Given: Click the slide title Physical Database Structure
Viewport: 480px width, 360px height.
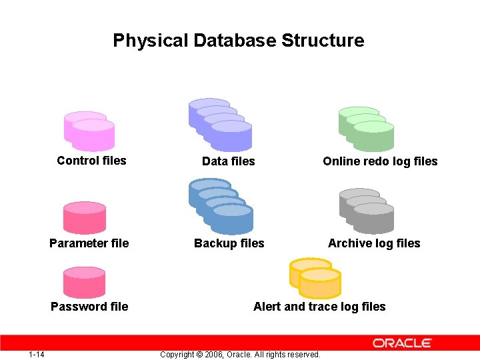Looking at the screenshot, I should point(239,41).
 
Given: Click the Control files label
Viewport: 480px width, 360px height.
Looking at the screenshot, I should point(91,161).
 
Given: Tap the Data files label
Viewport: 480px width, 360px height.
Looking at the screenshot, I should point(228,161).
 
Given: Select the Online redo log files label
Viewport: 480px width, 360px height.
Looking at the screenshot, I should point(380,161).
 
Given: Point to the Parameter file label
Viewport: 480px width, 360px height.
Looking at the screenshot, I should point(89,243).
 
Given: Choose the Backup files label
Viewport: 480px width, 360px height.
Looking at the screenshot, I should point(229,243).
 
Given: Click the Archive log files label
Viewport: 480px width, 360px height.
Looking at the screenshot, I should point(374,243).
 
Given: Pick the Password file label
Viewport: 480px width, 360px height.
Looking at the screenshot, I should point(89,307).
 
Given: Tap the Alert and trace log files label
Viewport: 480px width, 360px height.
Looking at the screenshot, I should point(319,307).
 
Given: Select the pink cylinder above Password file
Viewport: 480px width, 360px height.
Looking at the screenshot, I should point(84,281).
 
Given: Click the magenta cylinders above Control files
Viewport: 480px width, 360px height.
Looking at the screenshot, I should point(89,131).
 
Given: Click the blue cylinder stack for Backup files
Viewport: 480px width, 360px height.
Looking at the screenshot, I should point(221,207).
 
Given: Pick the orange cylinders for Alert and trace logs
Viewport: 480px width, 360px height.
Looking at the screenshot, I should point(315,278).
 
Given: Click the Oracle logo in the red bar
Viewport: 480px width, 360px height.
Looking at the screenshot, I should point(402,343).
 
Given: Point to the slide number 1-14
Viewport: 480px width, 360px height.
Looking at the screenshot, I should point(37,354).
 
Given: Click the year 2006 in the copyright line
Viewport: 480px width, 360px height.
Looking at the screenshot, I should point(215,354).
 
